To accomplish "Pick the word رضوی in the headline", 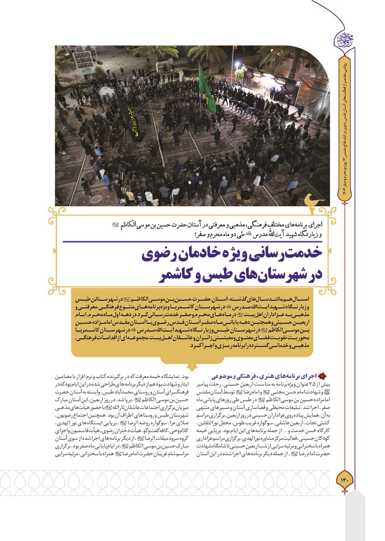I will click(158, 256).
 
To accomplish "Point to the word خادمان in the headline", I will click(199, 256).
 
